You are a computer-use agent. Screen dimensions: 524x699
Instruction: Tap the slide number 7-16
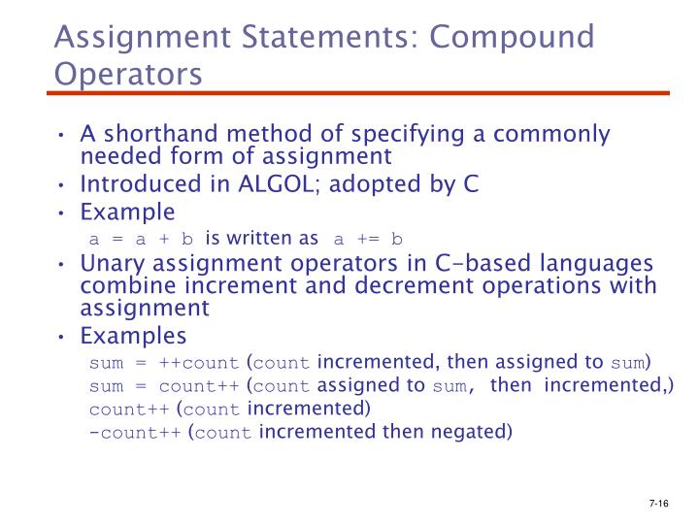pyautogui.click(x=659, y=505)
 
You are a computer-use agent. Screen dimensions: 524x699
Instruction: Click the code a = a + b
pyautogui.click(x=142, y=239)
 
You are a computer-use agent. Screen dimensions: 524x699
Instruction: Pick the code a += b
pyautogui.click(x=368, y=239)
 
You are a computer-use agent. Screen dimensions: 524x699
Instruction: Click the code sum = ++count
pyautogui.click(x=163, y=364)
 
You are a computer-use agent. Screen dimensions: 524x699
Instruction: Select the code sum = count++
pyautogui.click(x=163, y=386)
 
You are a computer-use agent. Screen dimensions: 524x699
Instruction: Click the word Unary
pyautogui.click(x=111, y=264)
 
